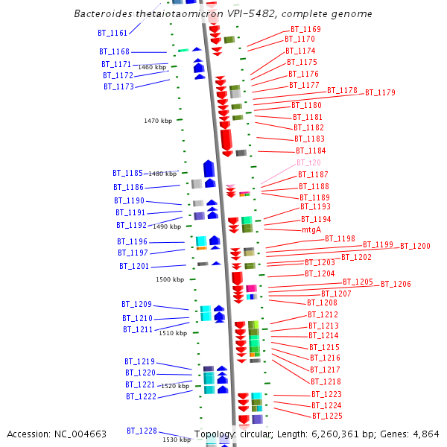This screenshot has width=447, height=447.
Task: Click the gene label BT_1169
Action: [x=305, y=29]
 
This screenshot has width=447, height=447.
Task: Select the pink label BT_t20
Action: [x=308, y=162]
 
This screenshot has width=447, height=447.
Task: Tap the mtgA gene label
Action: [x=311, y=230]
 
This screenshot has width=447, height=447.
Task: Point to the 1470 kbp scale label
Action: [x=158, y=121]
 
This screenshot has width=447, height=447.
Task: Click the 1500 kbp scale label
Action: [x=169, y=279]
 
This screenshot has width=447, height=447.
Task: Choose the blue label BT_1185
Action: [x=128, y=173]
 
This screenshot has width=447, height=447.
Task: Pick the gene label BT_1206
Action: [x=396, y=284]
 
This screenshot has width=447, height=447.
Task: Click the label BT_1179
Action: [x=380, y=92]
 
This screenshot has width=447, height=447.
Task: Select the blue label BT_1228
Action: [x=142, y=431]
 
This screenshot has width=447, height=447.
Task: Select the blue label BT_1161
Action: [x=112, y=33]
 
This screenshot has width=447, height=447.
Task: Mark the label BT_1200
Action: [x=415, y=246]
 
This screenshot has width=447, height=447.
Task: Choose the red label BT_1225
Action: [x=327, y=416]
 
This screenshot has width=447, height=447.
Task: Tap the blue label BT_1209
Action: [x=137, y=304]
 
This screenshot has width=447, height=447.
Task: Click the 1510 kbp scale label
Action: [x=173, y=333]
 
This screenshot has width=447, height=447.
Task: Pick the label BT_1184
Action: [x=311, y=150]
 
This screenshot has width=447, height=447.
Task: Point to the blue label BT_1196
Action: [x=132, y=241]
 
